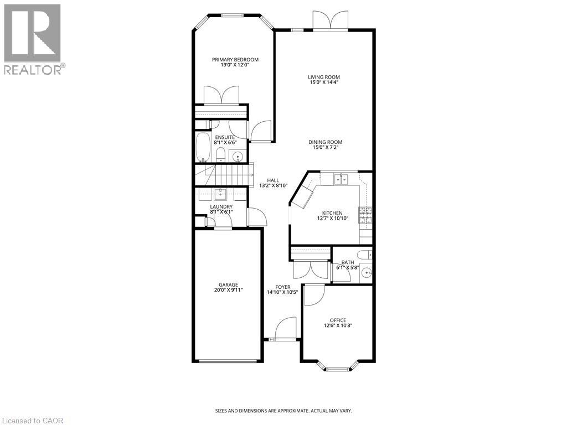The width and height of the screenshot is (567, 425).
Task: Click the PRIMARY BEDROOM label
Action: click(235, 60)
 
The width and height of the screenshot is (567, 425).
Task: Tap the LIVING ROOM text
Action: click(324, 77)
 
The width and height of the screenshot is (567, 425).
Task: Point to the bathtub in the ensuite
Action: click(203, 147)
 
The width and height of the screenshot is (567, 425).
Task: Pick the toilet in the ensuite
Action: click(220, 154)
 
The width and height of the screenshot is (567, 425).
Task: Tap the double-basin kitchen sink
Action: click(340, 178)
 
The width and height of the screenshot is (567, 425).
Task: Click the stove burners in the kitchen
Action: click(365, 216)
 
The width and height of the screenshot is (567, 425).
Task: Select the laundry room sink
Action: click(220, 194)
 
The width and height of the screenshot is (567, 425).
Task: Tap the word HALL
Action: click(273, 180)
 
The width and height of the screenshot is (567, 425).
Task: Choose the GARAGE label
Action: click(228, 284)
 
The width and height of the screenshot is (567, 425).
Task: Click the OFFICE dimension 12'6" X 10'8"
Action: click(338, 325)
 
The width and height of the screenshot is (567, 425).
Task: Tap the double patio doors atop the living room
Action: click(330, 20)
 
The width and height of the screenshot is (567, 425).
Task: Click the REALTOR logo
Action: click(33, 39)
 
